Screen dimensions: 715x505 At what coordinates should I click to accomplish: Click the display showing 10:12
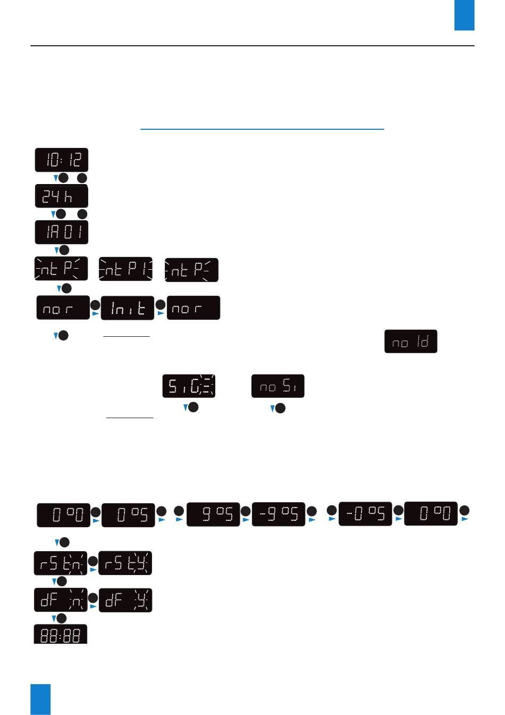[x=62, y=160]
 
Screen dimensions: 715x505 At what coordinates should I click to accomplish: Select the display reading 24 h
[x=62, y=196]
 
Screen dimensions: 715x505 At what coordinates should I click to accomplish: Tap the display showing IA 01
[x=62, y=232]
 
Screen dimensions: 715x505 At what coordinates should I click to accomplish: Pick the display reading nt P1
[x=126, y=269]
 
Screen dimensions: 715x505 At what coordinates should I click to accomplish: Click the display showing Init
[x=128, y=308]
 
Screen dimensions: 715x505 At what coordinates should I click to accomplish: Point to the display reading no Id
[x=411, y=342]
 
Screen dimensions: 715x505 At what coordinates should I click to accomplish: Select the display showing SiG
[x=189, y=386]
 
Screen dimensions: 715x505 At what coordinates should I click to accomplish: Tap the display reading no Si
[x=278, y=386]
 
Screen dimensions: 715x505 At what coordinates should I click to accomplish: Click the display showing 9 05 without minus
[x=213, y=514]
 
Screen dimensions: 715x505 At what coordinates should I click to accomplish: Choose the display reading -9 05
[x=279, y=514]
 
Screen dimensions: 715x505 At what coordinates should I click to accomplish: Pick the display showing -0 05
[x=365, y=514]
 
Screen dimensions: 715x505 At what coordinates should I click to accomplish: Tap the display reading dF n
[x=61, y=600]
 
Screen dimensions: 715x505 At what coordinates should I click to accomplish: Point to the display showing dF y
[x=125, y=600]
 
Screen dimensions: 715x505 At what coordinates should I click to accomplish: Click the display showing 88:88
[x=61, y=635]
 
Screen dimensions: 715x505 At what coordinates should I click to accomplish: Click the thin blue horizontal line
[x=262, y=129]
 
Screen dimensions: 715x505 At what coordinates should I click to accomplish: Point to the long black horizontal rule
[x=252, y=46]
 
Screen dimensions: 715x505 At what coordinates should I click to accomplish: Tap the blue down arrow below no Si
[x=273, y=409]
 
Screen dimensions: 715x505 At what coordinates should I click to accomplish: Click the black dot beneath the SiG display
[x=193, y=408]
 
